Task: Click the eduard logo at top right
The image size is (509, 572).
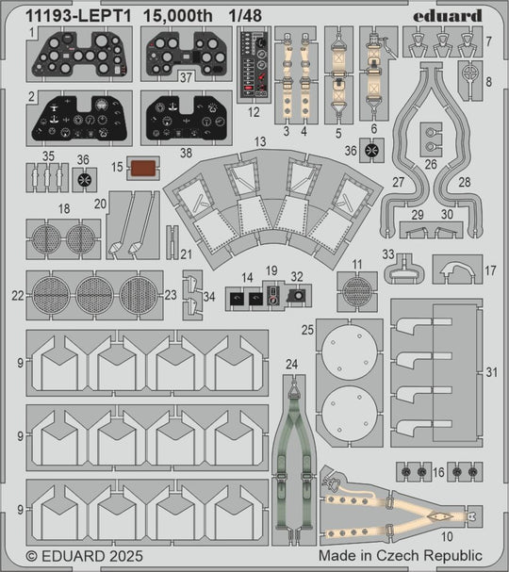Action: [448, 16]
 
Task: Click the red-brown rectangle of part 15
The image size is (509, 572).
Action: [143, 168]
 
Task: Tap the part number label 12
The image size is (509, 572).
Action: [254, 112]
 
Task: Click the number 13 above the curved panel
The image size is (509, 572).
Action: [260, 142]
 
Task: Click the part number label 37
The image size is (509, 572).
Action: [186, 77]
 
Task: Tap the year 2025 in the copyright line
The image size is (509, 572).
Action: [123, 556]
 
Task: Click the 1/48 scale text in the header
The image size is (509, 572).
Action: [245, 16]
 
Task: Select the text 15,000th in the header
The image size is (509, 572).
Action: [178, 16]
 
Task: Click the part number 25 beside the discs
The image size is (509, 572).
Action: [307, 330]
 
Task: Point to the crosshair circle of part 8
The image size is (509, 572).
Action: [470, 74]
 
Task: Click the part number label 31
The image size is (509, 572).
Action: [491, 372]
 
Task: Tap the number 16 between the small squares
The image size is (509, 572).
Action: [438, 472]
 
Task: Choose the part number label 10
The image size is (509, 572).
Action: [447, 536]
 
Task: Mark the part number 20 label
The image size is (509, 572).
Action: [100, 204]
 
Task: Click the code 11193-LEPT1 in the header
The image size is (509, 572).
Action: [78, 16]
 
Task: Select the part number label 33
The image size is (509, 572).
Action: [388, 253]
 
